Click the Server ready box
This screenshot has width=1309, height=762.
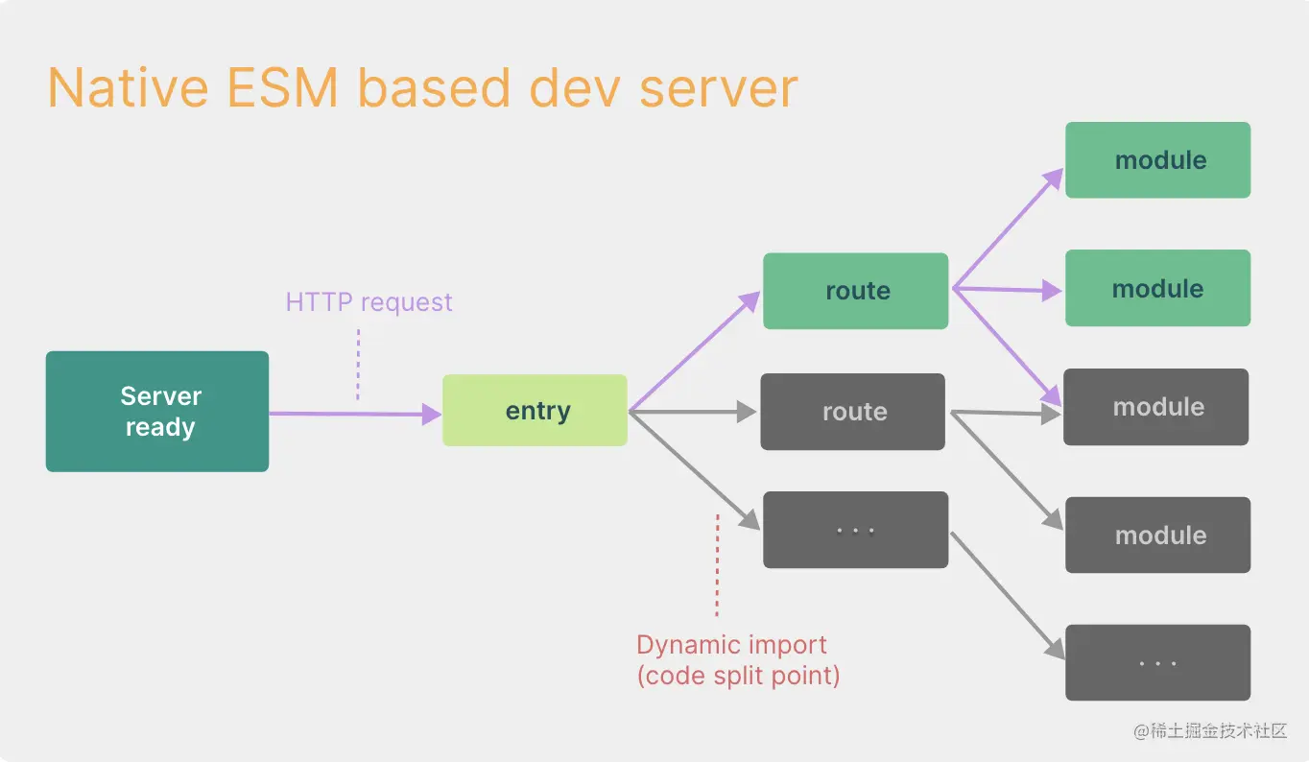(x=157, y=411)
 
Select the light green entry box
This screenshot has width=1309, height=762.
(x=535, y=411)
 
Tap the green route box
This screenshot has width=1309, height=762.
(x=855, y=291)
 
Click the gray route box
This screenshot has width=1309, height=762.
(x=852, y=412)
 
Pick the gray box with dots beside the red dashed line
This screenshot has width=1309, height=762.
(x=855, y=530)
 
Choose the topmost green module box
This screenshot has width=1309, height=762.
(x=1157, y=160)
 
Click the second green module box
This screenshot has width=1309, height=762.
(x=1157, y=288)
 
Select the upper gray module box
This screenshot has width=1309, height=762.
(x=1155, y=407)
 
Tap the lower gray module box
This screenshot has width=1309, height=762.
(x=1157, y=536)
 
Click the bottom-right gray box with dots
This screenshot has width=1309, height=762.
(x=1157, y=662)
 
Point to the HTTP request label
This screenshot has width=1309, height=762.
(x=369, y=302)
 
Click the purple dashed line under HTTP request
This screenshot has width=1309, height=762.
(x=358, y=365)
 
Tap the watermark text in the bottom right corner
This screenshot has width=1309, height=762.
(x=1209, y=731)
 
